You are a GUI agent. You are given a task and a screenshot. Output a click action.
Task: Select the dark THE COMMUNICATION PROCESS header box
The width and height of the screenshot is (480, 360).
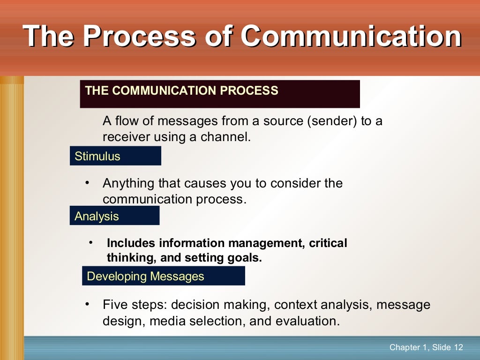(219, 94)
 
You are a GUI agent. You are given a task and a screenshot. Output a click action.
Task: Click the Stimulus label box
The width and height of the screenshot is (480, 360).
(115, 156)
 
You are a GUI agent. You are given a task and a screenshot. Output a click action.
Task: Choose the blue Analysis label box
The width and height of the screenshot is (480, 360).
(114, 216)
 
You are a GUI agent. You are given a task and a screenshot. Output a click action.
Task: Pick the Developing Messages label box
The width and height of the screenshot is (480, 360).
(163, 276)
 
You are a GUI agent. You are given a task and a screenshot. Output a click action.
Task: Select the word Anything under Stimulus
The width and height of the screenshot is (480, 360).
(128, 183)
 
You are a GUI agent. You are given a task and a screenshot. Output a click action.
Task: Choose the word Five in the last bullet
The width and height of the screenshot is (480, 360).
(115, 305)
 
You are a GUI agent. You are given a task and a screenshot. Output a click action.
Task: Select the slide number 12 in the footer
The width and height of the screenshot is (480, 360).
(458, 347)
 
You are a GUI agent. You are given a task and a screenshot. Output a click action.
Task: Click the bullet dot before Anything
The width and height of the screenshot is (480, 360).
(87, 182)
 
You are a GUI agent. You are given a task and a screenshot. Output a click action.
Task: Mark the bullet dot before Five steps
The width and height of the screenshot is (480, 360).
(87, 304)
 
